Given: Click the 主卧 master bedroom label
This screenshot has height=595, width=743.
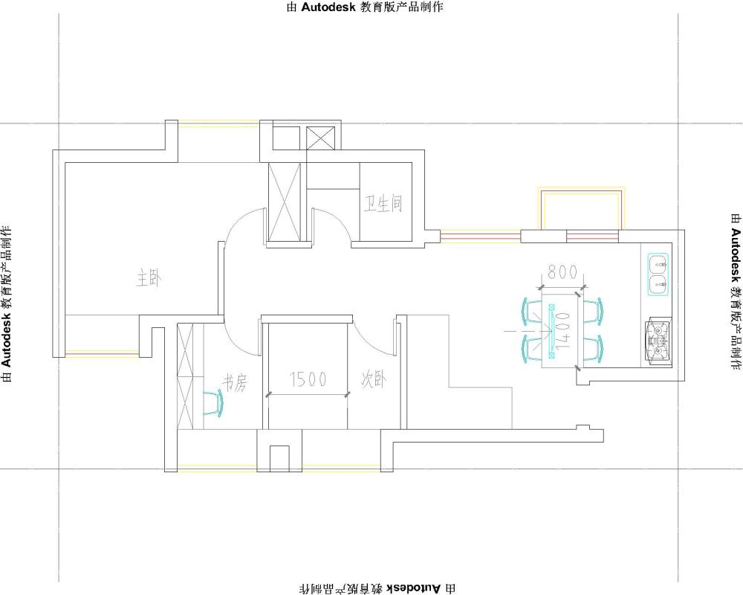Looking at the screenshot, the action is pyautogui.click(x=149, y=277).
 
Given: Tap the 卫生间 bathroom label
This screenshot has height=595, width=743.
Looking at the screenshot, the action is pyautogui.click(x=383, y=204).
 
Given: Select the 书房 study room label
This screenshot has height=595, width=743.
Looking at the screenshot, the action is pyautogui.click(x=235, y=382).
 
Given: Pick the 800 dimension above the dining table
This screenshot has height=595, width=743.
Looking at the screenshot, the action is pyautogui.click(x=562, y=272).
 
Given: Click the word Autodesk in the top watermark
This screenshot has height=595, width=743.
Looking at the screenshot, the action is pyautogui.click(x=328, y=7).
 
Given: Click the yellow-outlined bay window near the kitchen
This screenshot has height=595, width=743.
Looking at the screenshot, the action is pyautogui.click(x=581, y=210).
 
